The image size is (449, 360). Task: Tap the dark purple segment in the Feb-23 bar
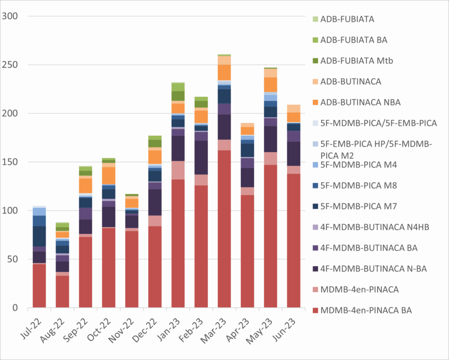tap(201, 157)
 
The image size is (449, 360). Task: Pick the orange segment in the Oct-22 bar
tap(109, 175)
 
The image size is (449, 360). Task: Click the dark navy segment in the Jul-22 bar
tap(39, 236)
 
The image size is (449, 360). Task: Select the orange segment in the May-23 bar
tap(271, 84)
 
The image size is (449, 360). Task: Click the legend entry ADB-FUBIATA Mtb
tap(356, 61)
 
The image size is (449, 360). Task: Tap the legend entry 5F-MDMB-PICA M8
tap(359, 185)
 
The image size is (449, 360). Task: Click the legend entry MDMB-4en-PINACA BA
tap(366, 310)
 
